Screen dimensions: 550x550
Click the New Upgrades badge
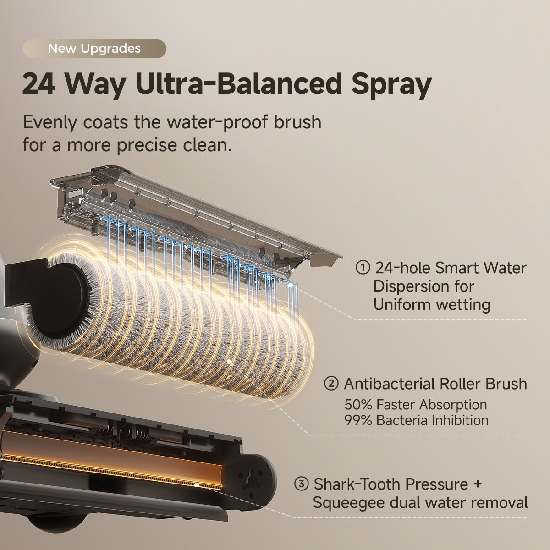coord(94,49)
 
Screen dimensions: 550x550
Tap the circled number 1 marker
coord(363,268)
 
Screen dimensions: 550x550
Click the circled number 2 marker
coord(331,384)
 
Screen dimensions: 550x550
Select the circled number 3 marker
coord(301,484)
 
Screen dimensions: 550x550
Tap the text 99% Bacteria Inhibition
coord(417,420)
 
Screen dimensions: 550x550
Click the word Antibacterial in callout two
coord(390,384)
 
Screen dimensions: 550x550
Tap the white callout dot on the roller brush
coord(229,361)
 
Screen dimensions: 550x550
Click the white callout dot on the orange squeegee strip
coord(197,484)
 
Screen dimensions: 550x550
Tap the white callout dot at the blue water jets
coord(291,285)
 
